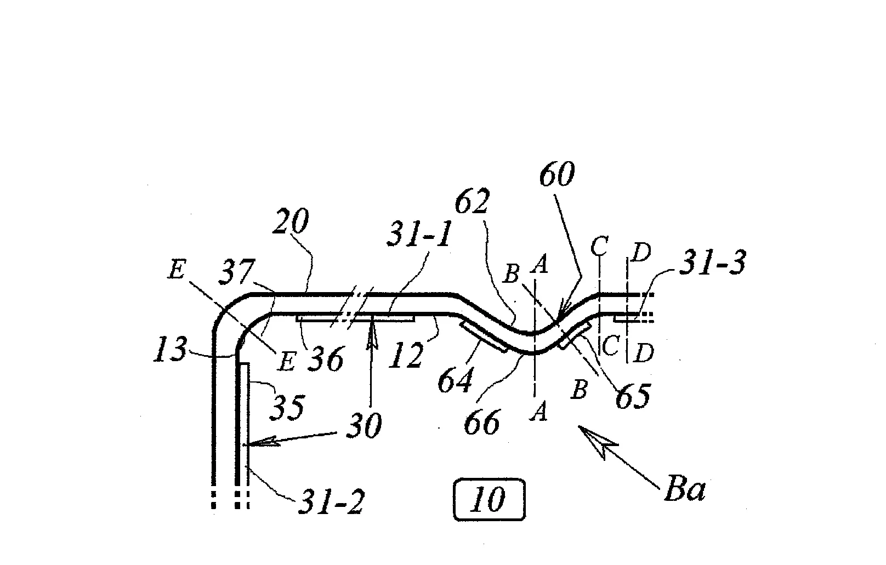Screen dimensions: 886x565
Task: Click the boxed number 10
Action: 489,499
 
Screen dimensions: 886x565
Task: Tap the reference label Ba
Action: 685,489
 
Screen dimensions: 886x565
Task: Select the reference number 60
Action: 557,174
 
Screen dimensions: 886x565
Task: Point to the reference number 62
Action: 473,201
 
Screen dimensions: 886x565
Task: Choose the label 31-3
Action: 713,262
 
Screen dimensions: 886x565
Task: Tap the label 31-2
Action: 332,501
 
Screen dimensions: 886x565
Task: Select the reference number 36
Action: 326,358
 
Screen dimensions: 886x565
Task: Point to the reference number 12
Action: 405,355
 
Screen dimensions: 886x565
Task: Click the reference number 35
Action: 287,407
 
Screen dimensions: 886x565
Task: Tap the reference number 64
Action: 456,380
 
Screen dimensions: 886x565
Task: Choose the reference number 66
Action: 482,423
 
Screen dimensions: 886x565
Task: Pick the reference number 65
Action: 633,396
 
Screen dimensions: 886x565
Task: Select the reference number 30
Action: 364,426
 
